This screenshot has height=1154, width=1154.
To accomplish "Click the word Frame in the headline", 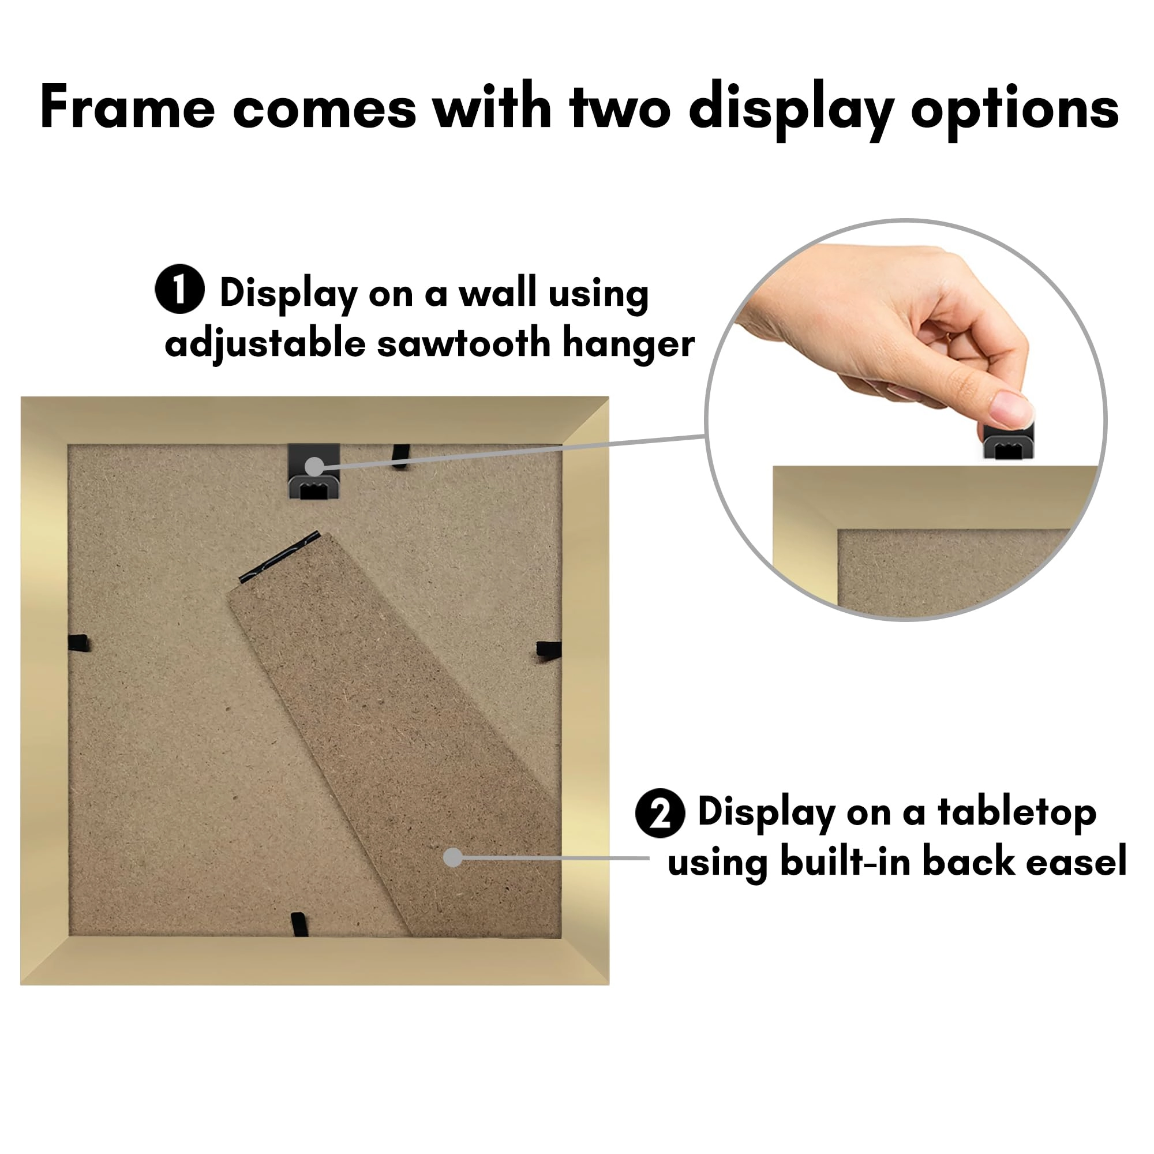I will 127,107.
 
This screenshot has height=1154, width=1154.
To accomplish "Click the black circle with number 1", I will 180,289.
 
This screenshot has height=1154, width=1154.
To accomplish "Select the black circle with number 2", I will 660,814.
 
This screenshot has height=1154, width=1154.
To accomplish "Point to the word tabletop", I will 1016,813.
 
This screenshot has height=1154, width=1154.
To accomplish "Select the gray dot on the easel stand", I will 454,858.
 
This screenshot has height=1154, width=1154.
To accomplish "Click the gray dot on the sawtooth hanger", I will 314,466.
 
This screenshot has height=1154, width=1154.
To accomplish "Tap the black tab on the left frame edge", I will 78,643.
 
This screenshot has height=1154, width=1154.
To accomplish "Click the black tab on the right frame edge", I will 548,649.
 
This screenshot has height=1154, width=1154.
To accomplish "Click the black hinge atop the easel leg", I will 279,556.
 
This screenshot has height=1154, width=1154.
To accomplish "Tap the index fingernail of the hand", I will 1012,409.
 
